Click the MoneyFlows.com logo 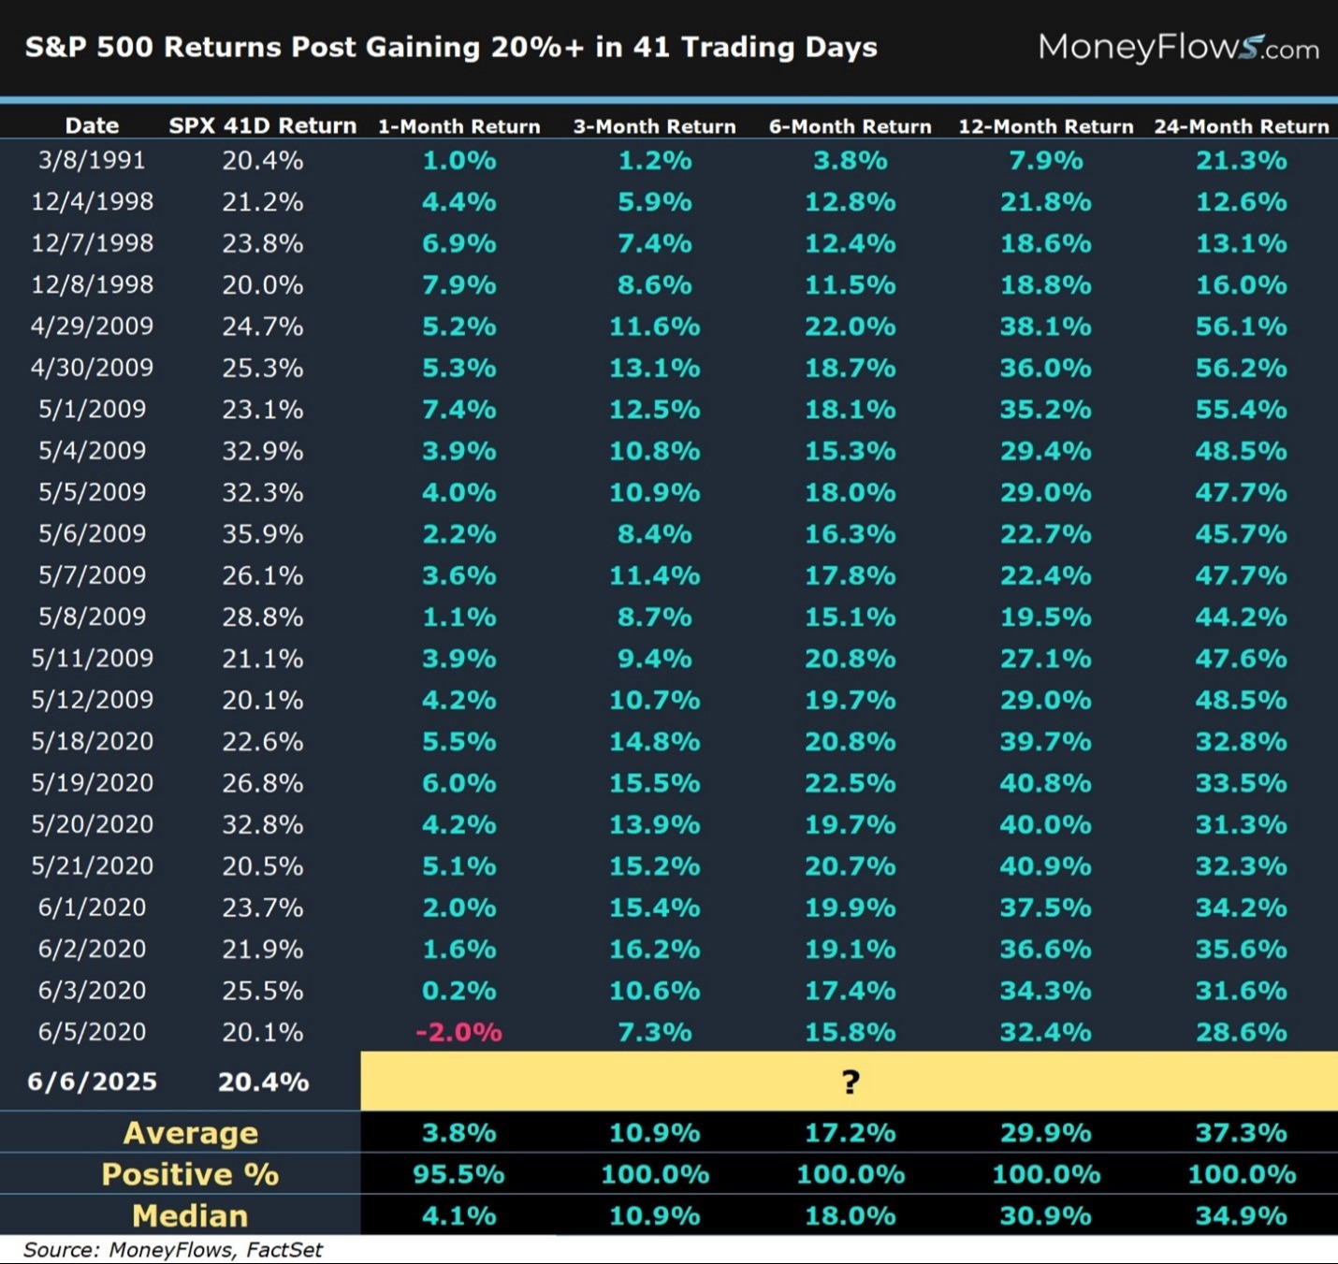click(1178, 47)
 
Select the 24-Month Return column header click(1241, 126)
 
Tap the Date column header click(92, 125)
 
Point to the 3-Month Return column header click(654, 126)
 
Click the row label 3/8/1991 click(92, 160)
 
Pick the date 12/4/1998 click(92, 201)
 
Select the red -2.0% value click(458, 1032)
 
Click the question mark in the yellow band click(850, 1082)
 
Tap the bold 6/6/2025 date click(92, 1082)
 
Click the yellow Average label click(191, 1132)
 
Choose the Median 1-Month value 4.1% click(458, 1215)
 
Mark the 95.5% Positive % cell click(458, 1174)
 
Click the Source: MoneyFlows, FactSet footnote click(172, 1250)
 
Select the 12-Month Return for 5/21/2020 click(1045, 865)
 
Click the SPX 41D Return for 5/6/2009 click(262, 533)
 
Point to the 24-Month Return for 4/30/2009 click(1241, 368)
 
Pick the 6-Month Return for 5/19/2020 click(850, 782)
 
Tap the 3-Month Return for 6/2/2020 click(654, 949)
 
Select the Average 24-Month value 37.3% click(1241, 1132)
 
